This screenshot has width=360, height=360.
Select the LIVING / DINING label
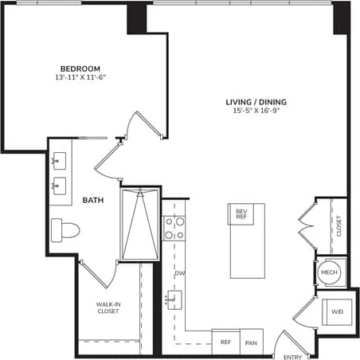tap(256, 102)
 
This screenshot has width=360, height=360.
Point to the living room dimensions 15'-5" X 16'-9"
tap(256, 112)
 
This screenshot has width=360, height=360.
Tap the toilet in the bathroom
tap(66, 231)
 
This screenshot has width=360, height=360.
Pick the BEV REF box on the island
tap(241, 213)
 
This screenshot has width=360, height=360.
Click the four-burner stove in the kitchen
tap(174, 229)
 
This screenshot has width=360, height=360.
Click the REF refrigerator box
tap(225, 342)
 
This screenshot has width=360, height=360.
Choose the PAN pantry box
tap(252, 342)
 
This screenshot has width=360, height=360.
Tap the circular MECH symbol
tap(329, 272)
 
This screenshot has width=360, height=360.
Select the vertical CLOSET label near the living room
tap(338, 227)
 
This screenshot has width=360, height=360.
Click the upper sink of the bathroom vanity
tap(59, 162)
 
